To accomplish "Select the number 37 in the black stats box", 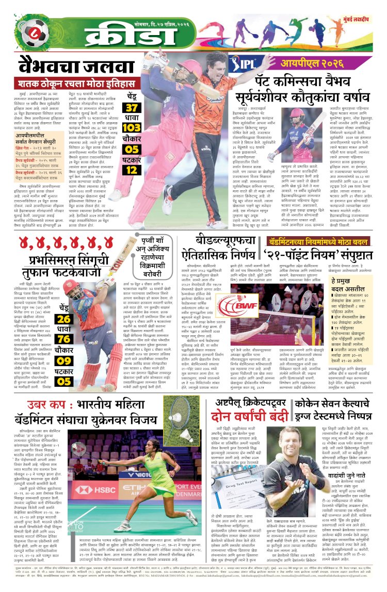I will point(132,108).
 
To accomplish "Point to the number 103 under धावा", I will point(132,128).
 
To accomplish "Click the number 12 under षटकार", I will point(132,169).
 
